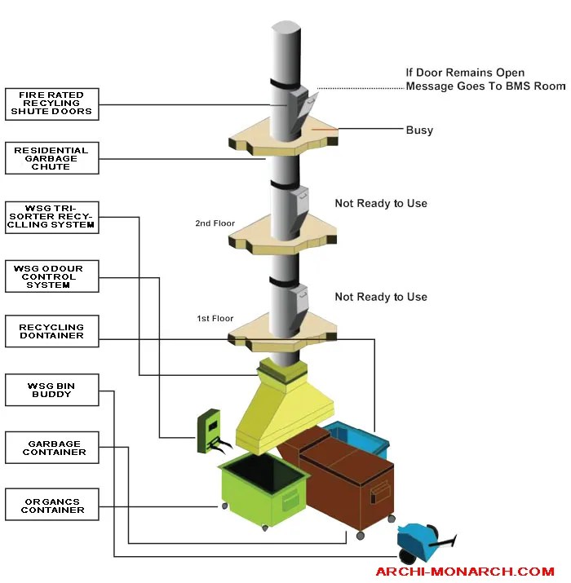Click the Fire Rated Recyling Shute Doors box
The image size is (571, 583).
point(52,104)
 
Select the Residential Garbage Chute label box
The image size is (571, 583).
point(52,158)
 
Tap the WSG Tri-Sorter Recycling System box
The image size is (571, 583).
point(52,218)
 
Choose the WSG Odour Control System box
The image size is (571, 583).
point(52,276)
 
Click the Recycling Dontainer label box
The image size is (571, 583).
point(52,331)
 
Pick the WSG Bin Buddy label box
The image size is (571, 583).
point(52,390)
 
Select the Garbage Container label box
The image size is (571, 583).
point(52,448)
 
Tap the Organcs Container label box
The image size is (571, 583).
point(52,505)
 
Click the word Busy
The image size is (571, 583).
point(419,130)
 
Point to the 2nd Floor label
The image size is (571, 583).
point(215,223)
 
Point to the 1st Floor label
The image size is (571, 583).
point(215,318)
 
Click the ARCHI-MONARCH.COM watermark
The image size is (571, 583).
point(465,571)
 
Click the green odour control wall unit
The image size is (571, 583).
point(210,431)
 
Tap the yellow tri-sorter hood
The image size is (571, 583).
point(285,405)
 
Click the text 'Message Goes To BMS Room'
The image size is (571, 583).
point(485,86)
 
